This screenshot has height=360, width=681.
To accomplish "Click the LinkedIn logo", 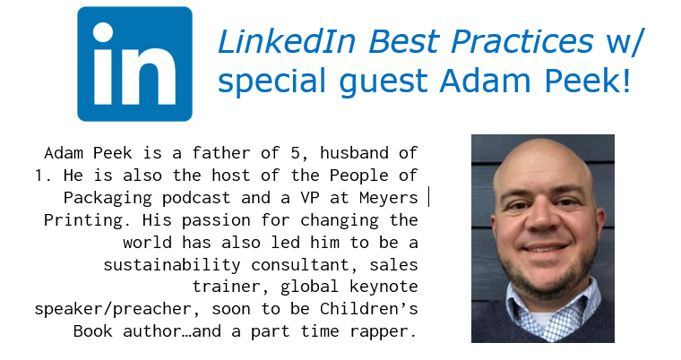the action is click(x=134, y=64).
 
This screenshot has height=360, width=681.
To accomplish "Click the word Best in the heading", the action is click(x=404, y=42).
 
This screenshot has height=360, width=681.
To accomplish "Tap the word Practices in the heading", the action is click(x=522, y=42).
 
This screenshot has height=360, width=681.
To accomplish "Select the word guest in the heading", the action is click(x=384, y=81).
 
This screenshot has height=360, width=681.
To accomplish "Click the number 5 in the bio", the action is click(x=296, y=153).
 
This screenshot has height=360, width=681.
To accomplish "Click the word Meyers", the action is click(x=389, y=198).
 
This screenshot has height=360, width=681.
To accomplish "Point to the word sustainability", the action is click(x=172, y=265).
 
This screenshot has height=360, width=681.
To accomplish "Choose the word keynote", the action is click(x=384, y=287).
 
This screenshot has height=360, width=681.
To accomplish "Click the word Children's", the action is click(x=369, y=309).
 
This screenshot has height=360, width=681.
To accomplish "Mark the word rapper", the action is click(x=384, y=331).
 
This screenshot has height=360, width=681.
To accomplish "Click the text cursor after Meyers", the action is click(x=428, y=197).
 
